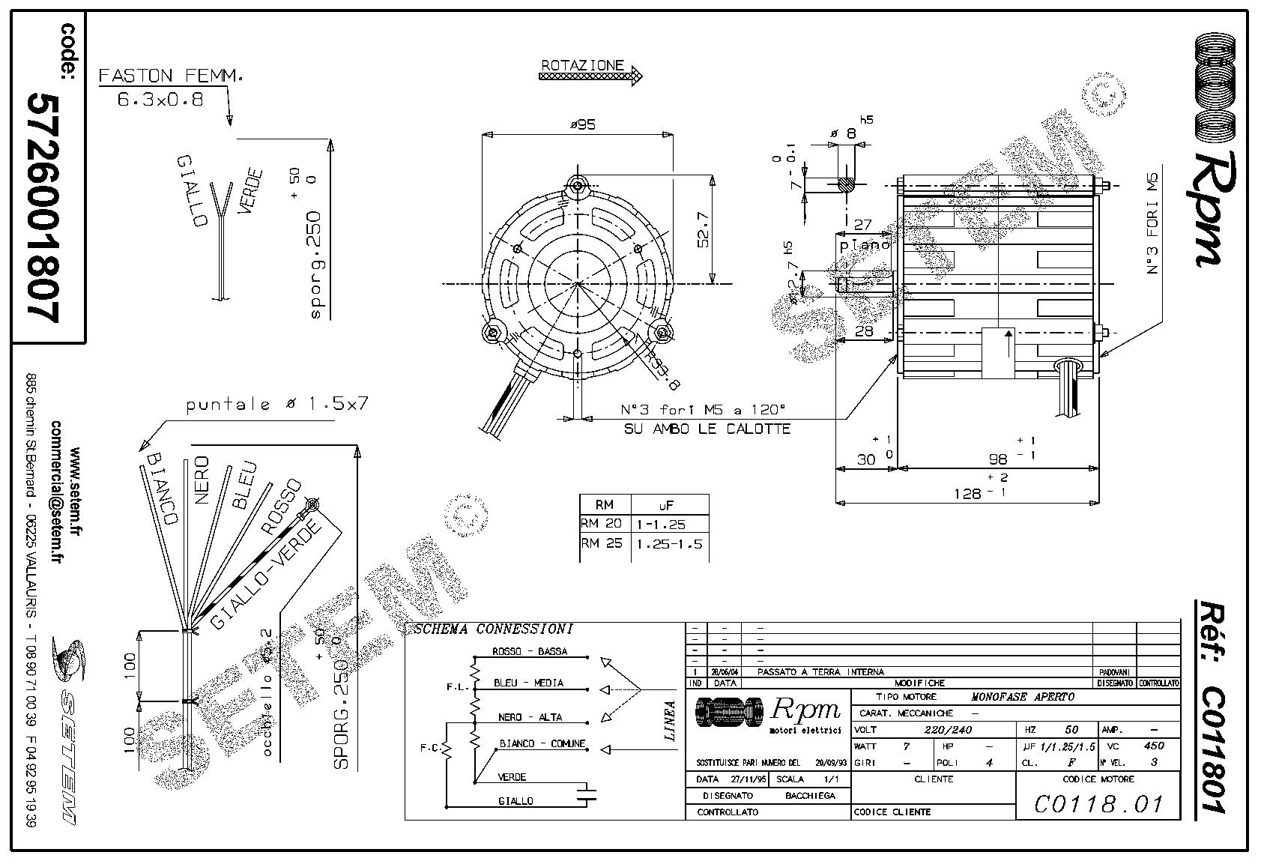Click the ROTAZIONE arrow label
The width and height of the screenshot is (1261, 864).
point(583,66)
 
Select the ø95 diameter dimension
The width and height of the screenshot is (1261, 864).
point(582,125)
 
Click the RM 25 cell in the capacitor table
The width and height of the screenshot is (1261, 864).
point(602,543)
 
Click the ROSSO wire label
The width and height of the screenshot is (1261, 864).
point(282,507)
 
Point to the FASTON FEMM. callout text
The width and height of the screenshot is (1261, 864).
point(171,76)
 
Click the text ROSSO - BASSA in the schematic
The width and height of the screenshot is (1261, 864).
point(529,651)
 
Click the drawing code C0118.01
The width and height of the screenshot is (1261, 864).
point(1098,804)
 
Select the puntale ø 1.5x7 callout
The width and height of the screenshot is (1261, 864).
point(277,405)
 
